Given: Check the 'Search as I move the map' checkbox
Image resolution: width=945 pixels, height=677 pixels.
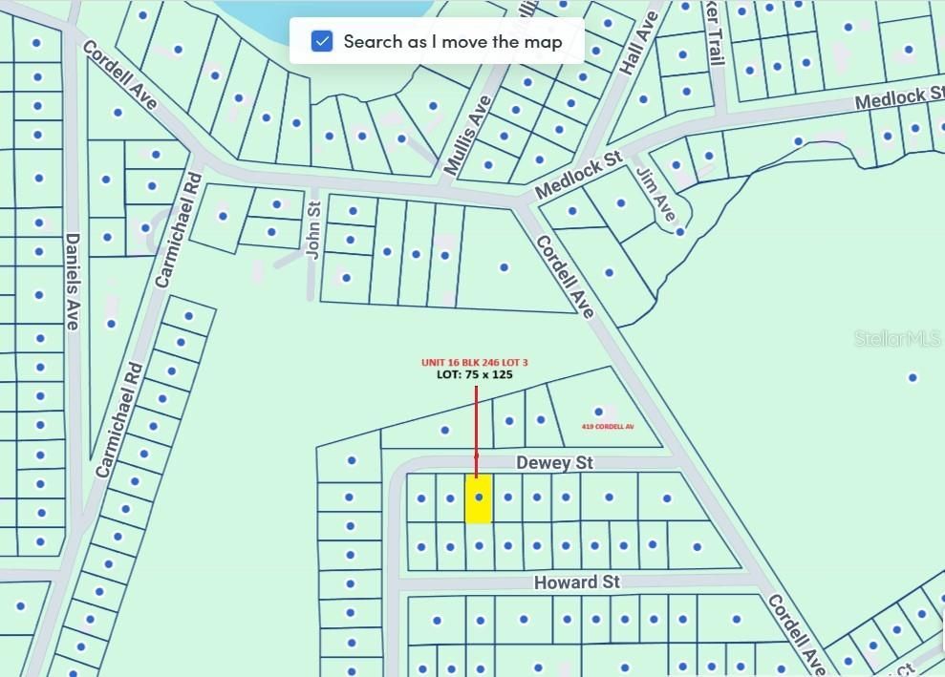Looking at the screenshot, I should [x=322, y=41].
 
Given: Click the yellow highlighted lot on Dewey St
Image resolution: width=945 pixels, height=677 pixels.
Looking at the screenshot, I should [x=479, y=510].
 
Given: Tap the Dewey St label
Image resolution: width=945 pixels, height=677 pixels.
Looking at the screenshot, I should [x=554, y=463].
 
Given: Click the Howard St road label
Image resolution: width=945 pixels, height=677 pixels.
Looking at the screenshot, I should [x=576, y=582].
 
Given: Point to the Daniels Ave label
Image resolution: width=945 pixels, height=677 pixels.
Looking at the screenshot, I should [x=72, y=282].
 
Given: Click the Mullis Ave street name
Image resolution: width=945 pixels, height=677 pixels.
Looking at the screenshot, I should [x=468, y=134].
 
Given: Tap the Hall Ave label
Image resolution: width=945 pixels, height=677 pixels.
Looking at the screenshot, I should [x=639, y=43].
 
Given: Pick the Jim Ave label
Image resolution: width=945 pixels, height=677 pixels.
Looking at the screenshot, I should [x=656, y=194].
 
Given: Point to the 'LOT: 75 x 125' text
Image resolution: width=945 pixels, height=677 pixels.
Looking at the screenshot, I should [x=476, y=374].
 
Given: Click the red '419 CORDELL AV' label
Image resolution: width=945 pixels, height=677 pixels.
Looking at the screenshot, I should [x=608, y=426].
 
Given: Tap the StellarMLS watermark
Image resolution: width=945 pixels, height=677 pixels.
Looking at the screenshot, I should [x=897, y=338].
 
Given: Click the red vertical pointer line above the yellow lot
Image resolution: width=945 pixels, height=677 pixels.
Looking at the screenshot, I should [x=476, y=420].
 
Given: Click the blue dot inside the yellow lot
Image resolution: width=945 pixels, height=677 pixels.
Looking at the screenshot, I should [x=479, y=497].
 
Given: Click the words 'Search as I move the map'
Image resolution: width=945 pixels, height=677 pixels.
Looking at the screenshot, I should [x=452, y=41].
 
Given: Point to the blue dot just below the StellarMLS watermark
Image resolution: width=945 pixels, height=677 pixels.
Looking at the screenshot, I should [x=913, y=377].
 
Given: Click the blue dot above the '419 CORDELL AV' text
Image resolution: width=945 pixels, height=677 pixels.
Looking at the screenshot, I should [x=599, y=412].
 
